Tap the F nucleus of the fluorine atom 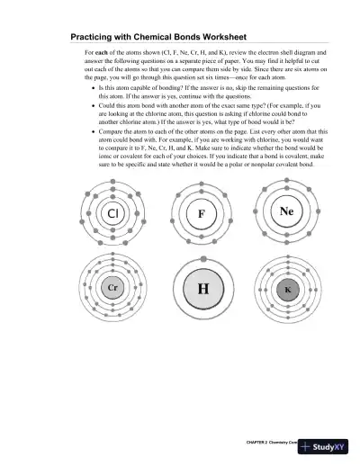[201, 215]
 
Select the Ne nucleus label [287, 212]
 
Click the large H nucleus [201, 289]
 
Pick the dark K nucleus [287, 290]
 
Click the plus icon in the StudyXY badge [309, 447]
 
